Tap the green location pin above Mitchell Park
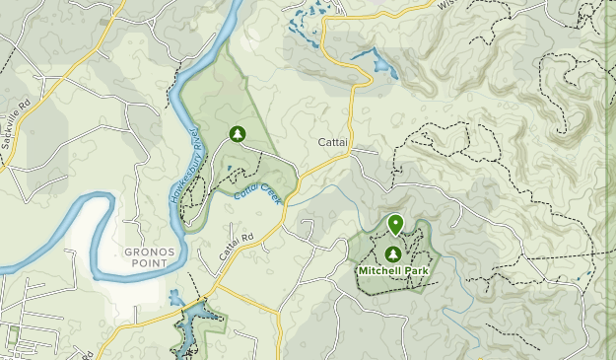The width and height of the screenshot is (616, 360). [395, 225]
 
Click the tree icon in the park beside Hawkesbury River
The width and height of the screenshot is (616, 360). [237, 133]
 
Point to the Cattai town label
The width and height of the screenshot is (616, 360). [332, 143]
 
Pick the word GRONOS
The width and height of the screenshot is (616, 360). [150, 252]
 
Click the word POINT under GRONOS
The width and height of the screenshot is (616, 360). [150, 263]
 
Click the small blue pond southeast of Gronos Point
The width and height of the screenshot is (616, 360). [175, 297]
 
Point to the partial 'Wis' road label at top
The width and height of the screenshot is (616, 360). [445, 5]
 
